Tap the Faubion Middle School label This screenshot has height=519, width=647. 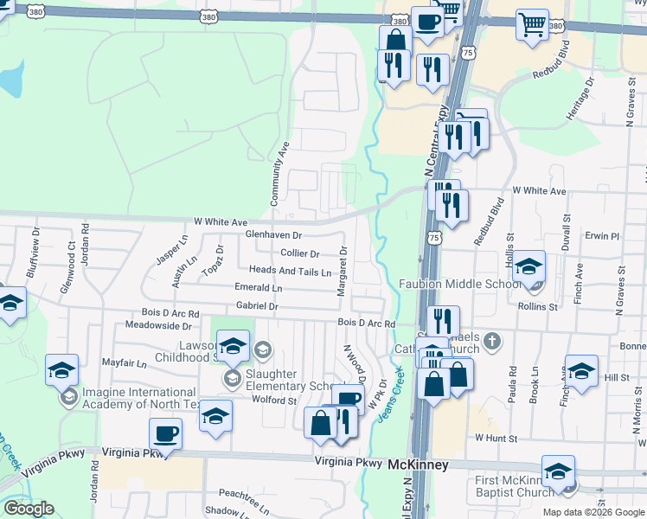point(459,284)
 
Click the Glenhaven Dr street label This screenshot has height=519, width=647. point(273,234)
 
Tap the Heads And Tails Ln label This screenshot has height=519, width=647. point(290,271)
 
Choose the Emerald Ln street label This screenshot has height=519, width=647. point(258,287)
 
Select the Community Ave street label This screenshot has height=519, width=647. point(279,173)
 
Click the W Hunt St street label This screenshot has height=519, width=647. point(494,439)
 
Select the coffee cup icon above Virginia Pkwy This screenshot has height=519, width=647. point(165,434)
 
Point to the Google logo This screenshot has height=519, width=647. point(29,509)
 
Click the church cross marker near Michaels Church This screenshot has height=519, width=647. point(493,340)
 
